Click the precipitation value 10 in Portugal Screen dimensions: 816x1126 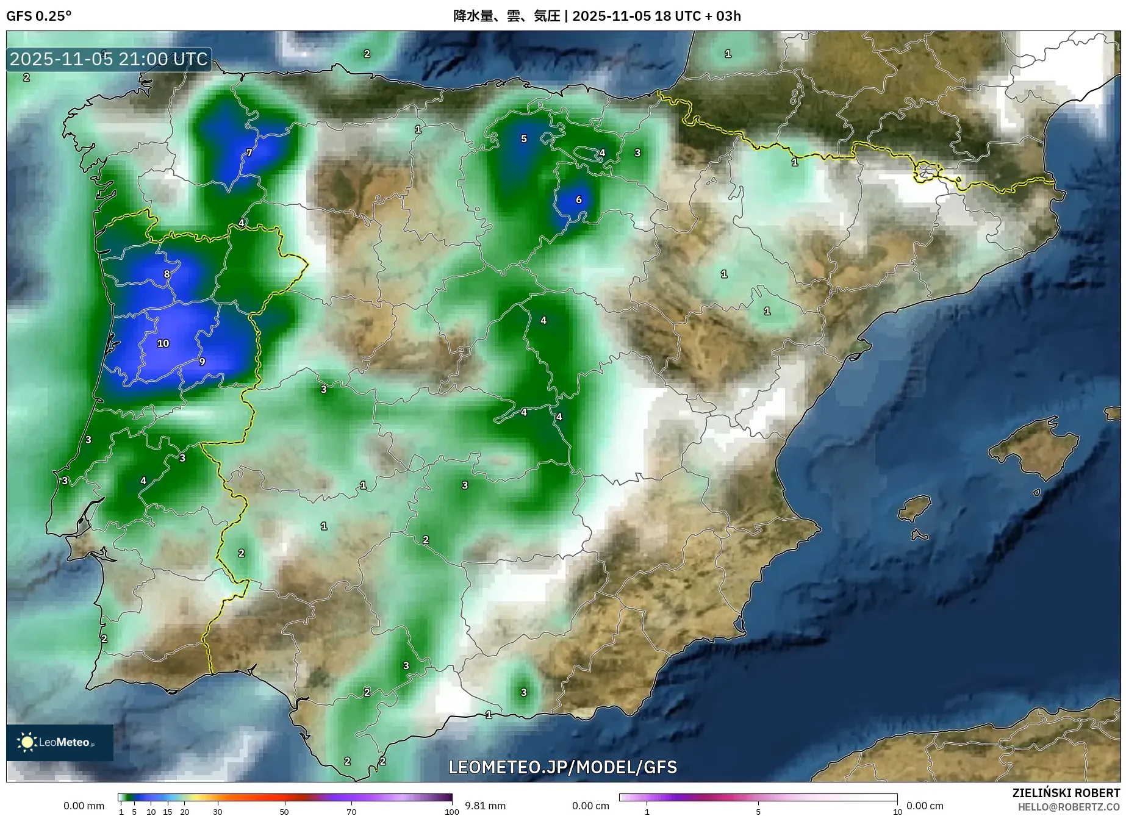tap(163, 343)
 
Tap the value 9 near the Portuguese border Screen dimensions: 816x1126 tap(202, 361)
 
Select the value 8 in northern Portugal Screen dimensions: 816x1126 tap(167, 274)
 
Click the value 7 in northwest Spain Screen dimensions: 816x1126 tap(249, 153)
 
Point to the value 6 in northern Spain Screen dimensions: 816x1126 tap(578, 199)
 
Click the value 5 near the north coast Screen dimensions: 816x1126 tap(523, 139)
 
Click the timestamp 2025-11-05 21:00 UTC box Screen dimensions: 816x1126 tap(109, 59)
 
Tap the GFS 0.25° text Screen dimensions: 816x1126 tap(38, 16)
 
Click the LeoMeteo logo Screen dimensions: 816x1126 tap(59, 742)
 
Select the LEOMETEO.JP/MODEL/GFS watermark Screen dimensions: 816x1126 tap(562, 767)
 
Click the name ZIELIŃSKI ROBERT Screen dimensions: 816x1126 tap(1066, 793)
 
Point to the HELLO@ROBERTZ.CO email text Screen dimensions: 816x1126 tap(1068, 807)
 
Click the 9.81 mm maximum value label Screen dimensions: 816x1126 tap(485, 806)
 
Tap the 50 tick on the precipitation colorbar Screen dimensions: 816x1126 tap(284, 812)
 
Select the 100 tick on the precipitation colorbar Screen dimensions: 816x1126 tap(451, 812)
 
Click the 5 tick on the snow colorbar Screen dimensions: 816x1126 tap(758, 812)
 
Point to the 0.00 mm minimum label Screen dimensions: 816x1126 tap(84, 806)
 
